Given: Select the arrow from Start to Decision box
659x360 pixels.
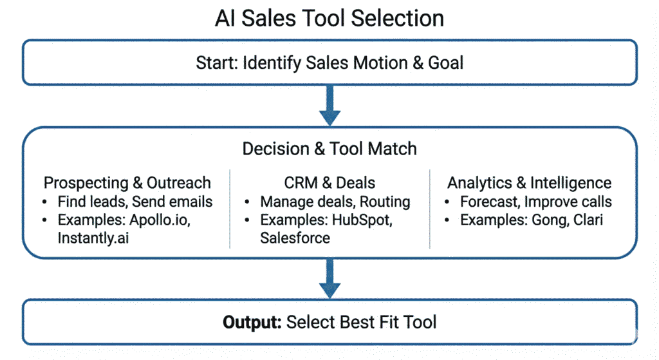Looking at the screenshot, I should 329,105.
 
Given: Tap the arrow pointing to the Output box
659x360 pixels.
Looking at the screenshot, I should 329,278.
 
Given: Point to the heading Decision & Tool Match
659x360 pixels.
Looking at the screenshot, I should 329,149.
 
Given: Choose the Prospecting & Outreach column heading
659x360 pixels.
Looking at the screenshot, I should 127,182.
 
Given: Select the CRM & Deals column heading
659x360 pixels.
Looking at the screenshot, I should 329,182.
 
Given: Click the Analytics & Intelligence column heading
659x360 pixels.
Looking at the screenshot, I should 529,182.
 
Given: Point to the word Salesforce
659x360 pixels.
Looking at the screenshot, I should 295,238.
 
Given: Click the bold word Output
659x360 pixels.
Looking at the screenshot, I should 252,321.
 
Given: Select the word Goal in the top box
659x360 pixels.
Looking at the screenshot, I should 445,63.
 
